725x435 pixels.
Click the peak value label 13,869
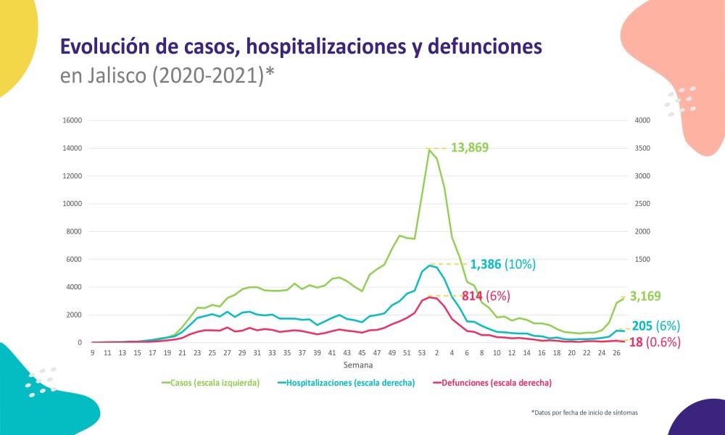point(469,148)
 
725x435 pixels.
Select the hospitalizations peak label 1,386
point(490,265)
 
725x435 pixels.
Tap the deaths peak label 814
point(472,296)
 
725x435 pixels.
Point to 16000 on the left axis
point(72,120)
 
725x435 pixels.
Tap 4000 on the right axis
point(643,120)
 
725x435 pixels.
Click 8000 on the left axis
point(75,231)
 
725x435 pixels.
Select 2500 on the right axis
point(643,204)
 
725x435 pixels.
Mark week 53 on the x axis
point(422,353)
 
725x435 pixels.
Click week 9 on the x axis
point(93,353)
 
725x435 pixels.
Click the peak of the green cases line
point(429,149)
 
